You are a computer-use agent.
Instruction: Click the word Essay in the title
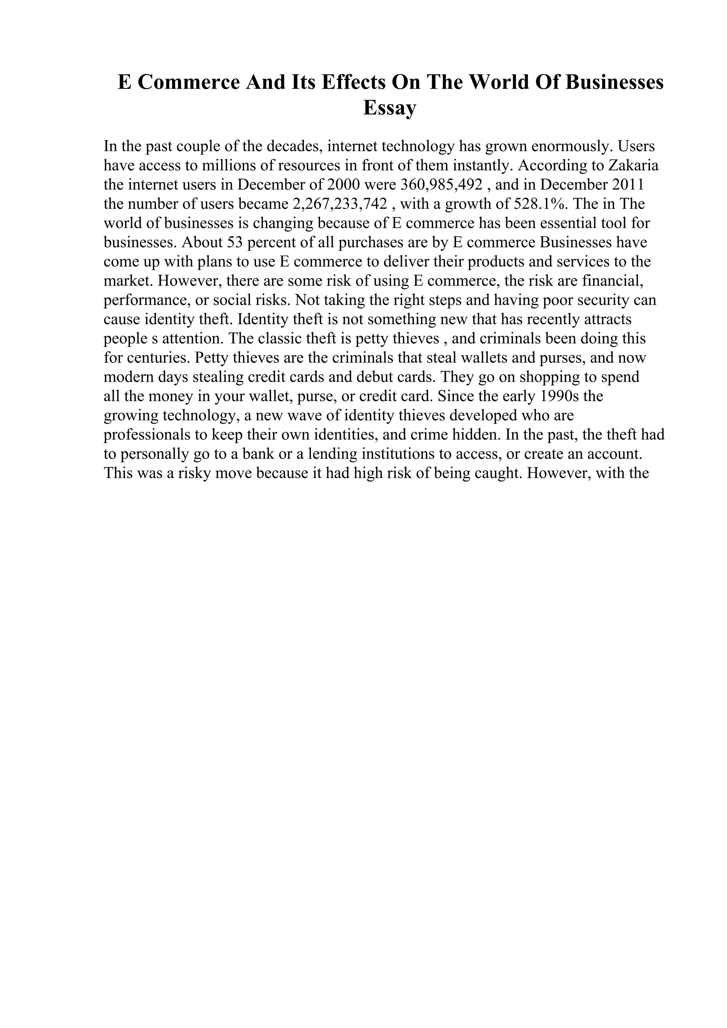coord(389,108)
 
